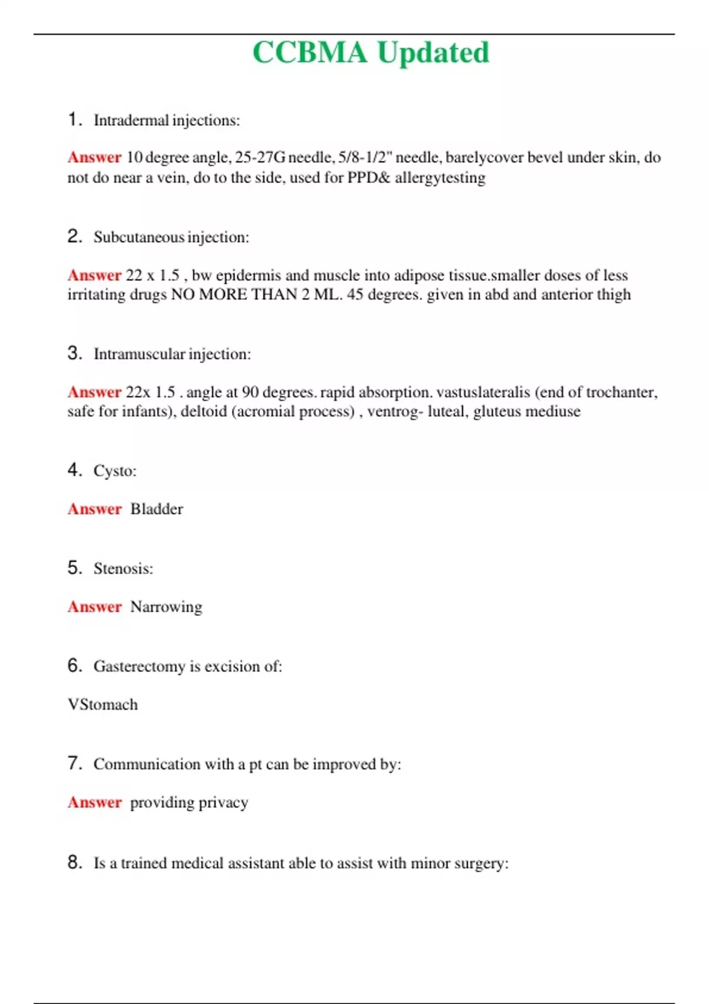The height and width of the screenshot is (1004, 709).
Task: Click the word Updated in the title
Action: click(433, 54)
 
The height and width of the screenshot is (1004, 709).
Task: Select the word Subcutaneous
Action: click(139, 237)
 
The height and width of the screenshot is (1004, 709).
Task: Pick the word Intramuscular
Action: click(139, 354)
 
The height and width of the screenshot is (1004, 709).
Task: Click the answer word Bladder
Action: click(157, 509)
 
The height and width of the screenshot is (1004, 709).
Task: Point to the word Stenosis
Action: click(122, 569)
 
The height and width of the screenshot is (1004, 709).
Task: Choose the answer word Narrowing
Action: click(166, 607)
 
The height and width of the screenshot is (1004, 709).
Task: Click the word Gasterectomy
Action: click(139, 667)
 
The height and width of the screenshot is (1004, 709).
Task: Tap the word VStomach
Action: click(103, 705)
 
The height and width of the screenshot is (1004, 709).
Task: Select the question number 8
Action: click(74, 863)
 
